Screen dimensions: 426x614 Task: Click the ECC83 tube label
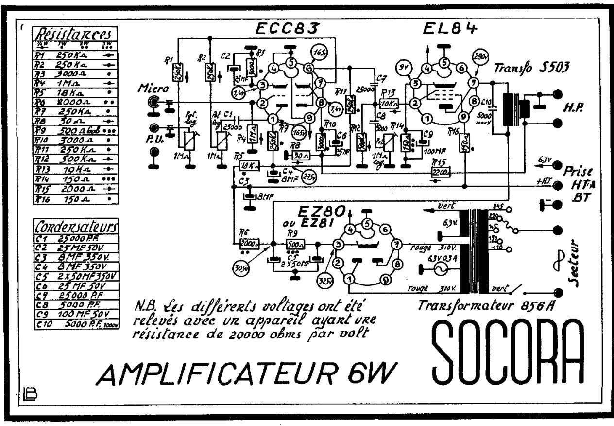tap(287, 29)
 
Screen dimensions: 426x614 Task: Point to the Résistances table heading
tap(74, 34)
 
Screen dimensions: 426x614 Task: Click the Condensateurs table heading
tap(76, 226)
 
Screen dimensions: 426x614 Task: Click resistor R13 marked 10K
tap(388, 103)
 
